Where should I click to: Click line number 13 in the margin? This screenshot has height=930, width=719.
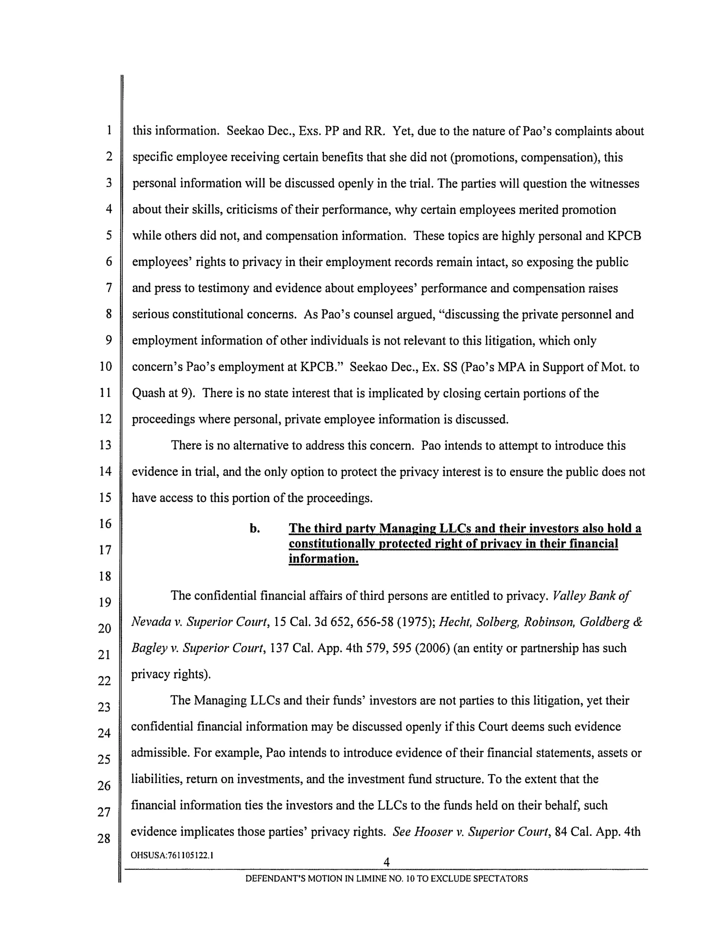point(105,445)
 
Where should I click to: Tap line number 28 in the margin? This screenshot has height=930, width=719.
point(104,838)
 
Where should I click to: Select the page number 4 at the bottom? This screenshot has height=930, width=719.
point(386,862)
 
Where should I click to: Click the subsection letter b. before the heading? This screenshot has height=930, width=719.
point(255,529)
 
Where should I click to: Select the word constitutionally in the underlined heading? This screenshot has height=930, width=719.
point(332,544)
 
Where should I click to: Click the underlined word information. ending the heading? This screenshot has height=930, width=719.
point(323,559)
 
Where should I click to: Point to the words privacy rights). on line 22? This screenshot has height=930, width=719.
point(171,674)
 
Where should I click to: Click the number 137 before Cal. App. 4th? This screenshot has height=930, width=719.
point(279,648)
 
